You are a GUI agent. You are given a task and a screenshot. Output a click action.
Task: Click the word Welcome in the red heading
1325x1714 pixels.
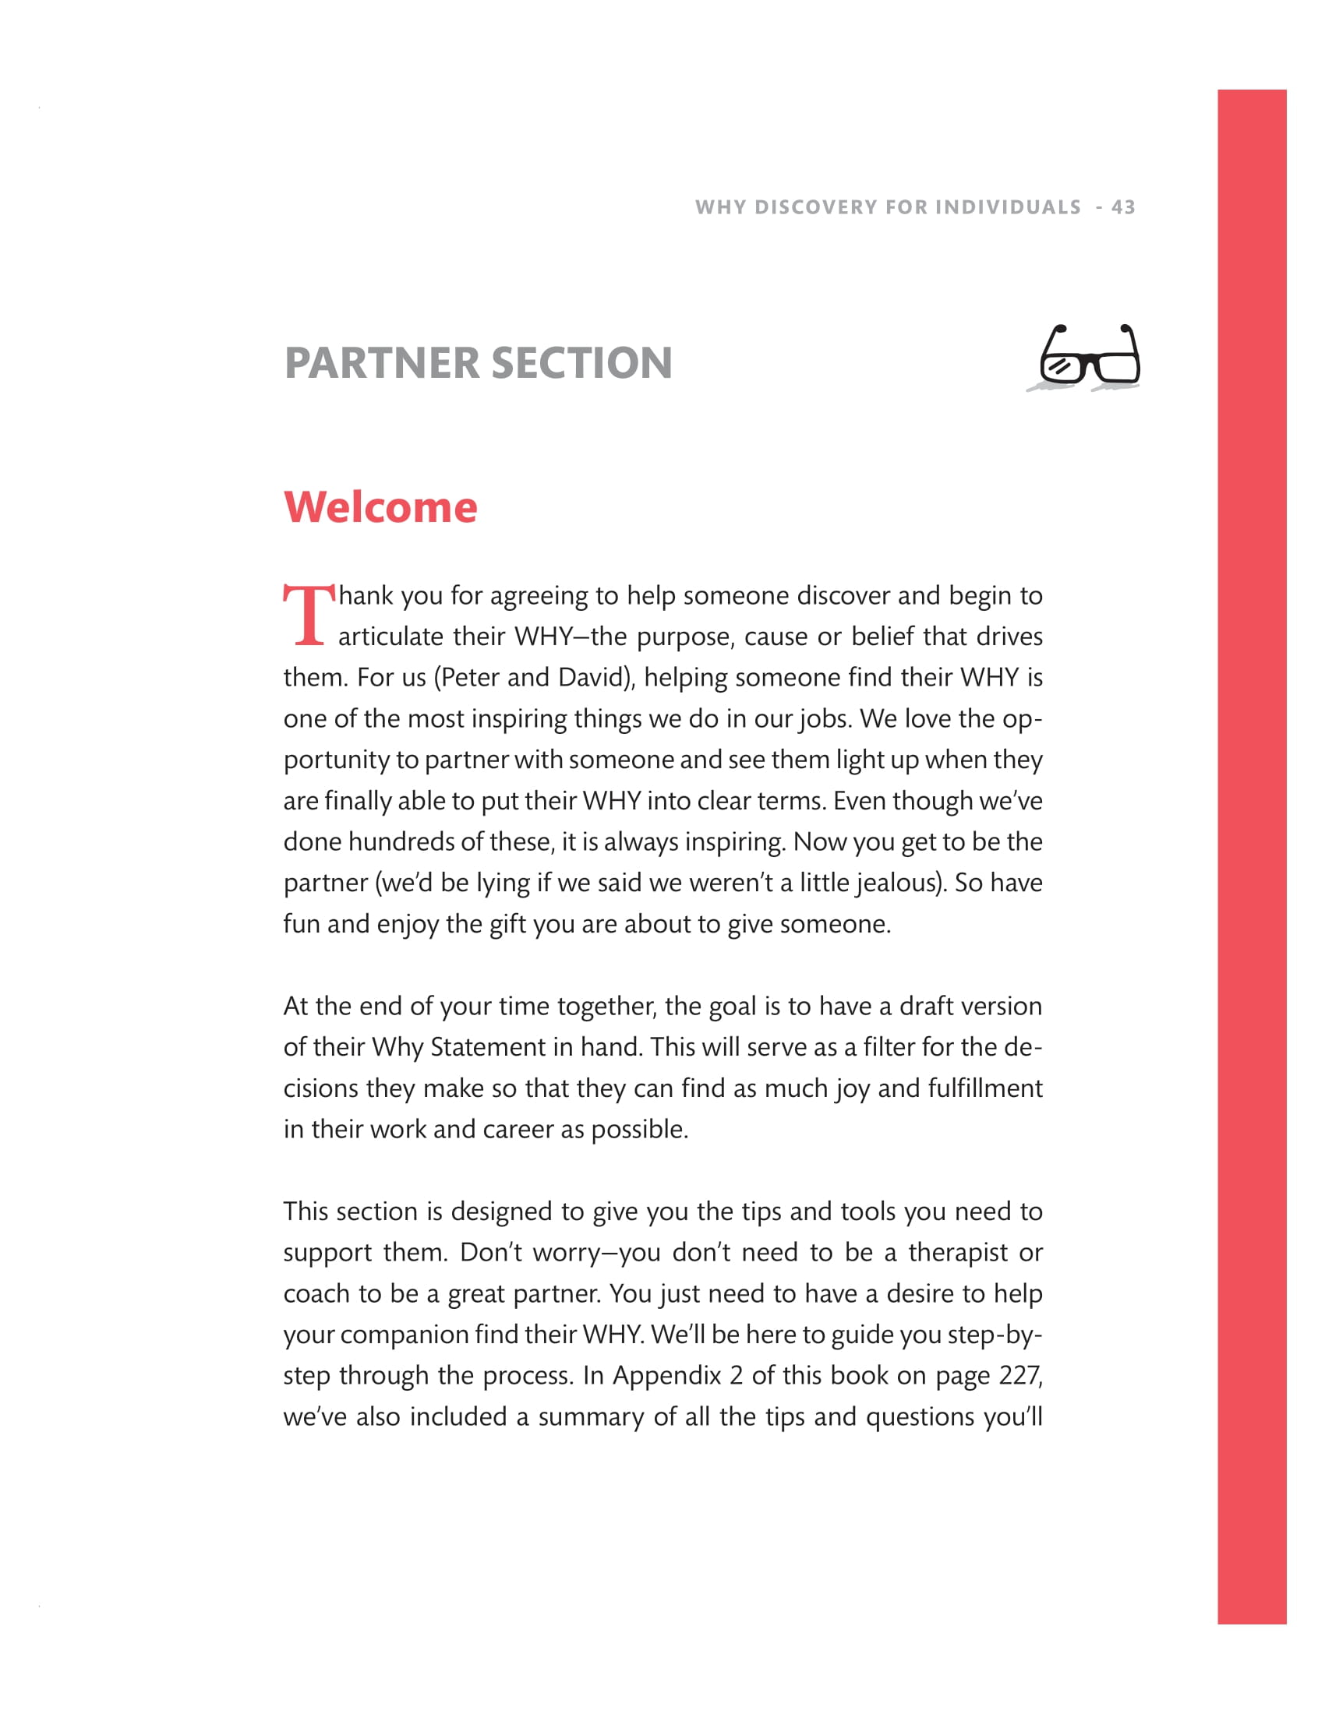coord(380,507)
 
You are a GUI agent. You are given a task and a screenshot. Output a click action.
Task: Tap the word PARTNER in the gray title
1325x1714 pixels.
coord(381,362)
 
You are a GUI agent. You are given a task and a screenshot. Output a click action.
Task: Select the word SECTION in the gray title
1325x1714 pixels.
coord(581,362)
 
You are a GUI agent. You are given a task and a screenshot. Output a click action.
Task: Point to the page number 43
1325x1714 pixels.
coord(1123,207)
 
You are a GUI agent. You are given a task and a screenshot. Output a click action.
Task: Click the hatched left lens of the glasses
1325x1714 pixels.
coord(1061,366)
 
